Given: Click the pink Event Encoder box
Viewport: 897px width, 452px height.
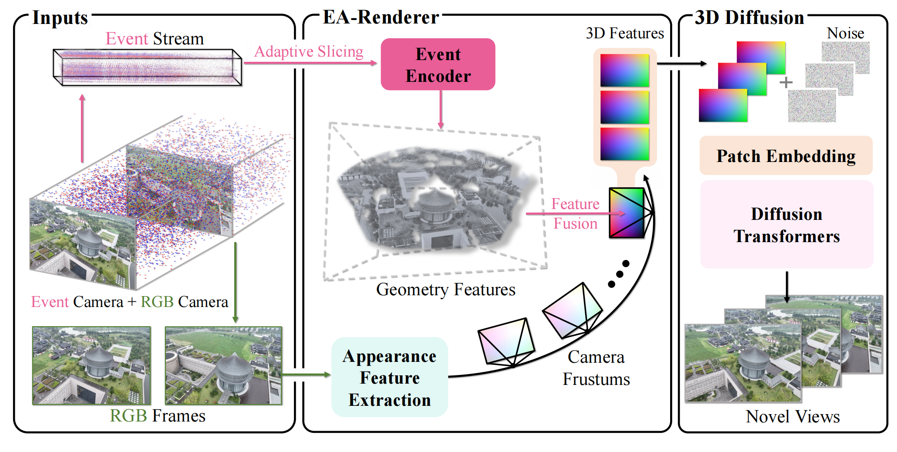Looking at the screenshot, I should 438,64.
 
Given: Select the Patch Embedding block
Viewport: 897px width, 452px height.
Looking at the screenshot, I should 786,156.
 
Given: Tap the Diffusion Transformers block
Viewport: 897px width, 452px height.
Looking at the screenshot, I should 786,225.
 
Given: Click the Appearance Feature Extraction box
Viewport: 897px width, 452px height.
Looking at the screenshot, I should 390,378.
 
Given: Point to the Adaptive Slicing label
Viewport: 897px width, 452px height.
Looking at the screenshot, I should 309,51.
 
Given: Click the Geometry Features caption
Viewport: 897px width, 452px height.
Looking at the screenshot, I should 445,290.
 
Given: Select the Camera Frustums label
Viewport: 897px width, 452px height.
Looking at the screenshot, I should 596,368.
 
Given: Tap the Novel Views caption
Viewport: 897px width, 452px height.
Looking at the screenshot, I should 792,417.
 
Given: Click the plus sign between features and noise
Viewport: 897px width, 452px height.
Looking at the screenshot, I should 786,82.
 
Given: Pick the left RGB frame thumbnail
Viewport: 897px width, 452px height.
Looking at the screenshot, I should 91,365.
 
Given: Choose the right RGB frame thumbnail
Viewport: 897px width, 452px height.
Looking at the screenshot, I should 223,365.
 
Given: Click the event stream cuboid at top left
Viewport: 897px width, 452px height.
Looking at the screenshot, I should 147,67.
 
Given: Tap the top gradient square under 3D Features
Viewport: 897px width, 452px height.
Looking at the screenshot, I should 624,70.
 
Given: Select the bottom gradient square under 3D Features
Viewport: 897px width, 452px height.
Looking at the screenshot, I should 624,144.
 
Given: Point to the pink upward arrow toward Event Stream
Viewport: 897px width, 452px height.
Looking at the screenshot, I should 82,128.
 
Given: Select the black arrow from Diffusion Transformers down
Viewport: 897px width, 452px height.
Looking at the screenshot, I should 786,287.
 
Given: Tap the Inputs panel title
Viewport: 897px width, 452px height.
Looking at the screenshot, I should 60,18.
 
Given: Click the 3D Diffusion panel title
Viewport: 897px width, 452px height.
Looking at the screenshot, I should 749,18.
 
